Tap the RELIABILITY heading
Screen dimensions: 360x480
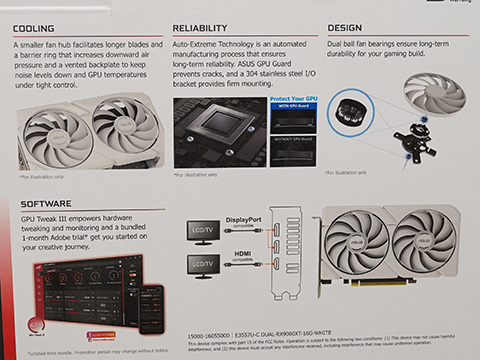207,29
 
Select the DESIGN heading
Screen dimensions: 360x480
345,29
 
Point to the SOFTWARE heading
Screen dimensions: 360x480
46,203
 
